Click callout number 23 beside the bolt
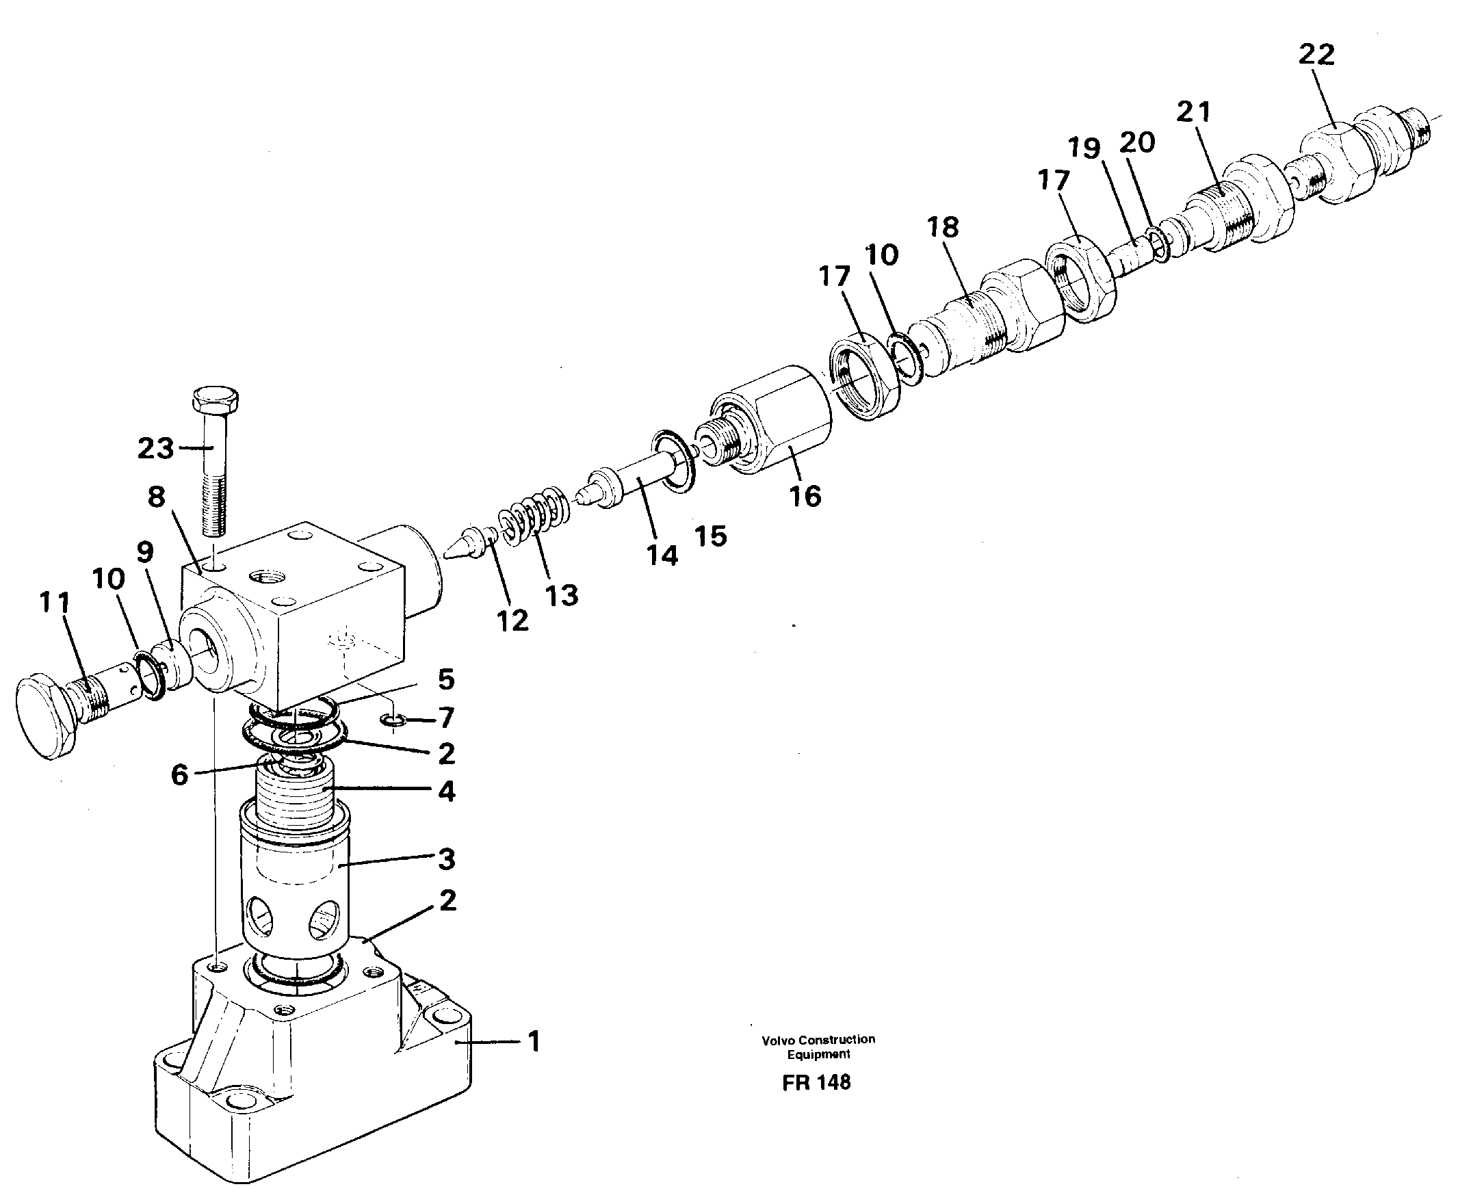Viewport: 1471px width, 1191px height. coord(156,449)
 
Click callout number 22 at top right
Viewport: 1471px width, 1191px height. coord(1316,55)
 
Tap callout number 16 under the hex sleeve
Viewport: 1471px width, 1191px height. coord(805,495)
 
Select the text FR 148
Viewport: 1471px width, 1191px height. coord(816,1082)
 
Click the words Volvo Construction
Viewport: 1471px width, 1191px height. coord(818,1039)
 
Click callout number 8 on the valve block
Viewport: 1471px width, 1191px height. coord(157,497)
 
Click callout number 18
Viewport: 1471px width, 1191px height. coord(943,227)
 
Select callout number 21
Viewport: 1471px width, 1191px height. coord(1194,112)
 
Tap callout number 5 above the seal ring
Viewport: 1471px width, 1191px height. coord(446,679)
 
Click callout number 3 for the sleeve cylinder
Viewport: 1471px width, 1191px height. coord(447,859)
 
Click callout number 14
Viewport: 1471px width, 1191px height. coord(662,555)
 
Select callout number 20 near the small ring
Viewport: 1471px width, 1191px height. coord(1137,143)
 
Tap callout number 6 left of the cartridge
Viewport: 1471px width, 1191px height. coord(179,775)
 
